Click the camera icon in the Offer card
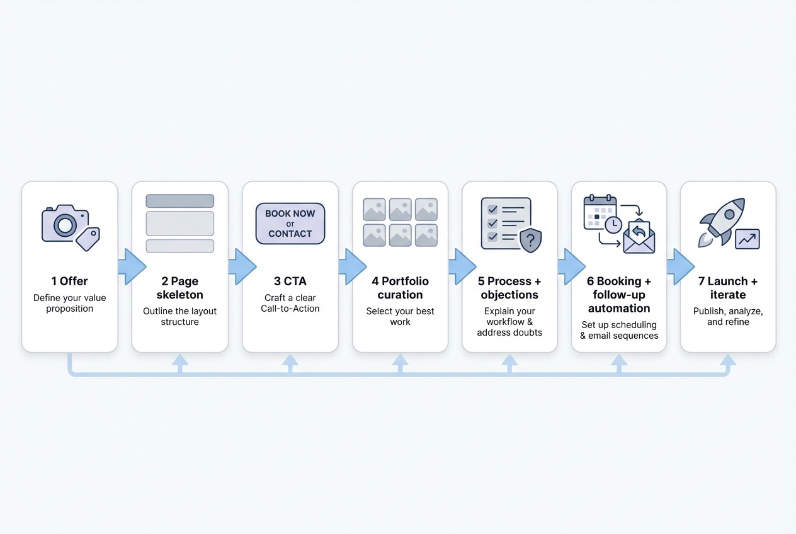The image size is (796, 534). [x=64, y=223]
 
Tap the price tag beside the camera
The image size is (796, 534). [x=88, y=239]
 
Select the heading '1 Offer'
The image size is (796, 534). [x=69, y=281]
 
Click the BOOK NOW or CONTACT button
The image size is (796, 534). [x=290, y=224]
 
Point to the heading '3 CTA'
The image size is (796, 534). [x=290, y=281]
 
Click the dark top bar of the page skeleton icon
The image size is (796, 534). [x=179, y=201]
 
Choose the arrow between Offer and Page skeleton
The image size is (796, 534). [x=131, y=266]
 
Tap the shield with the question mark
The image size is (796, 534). [x=530, y=240]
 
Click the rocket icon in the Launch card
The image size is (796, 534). [x=723, y=220]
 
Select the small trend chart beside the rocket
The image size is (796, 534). [x=748, y=239]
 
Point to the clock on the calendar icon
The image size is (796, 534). [x=613, y=224]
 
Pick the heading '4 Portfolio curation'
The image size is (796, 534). [x=400, y=288]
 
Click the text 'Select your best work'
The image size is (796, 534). [x=400, y=316]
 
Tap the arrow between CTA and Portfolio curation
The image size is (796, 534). [x=351, y=266]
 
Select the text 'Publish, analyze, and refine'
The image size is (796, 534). [x=728, y=316]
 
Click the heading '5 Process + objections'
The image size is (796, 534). [x=509, y=288]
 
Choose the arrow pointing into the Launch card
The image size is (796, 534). [x=679, y=266]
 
